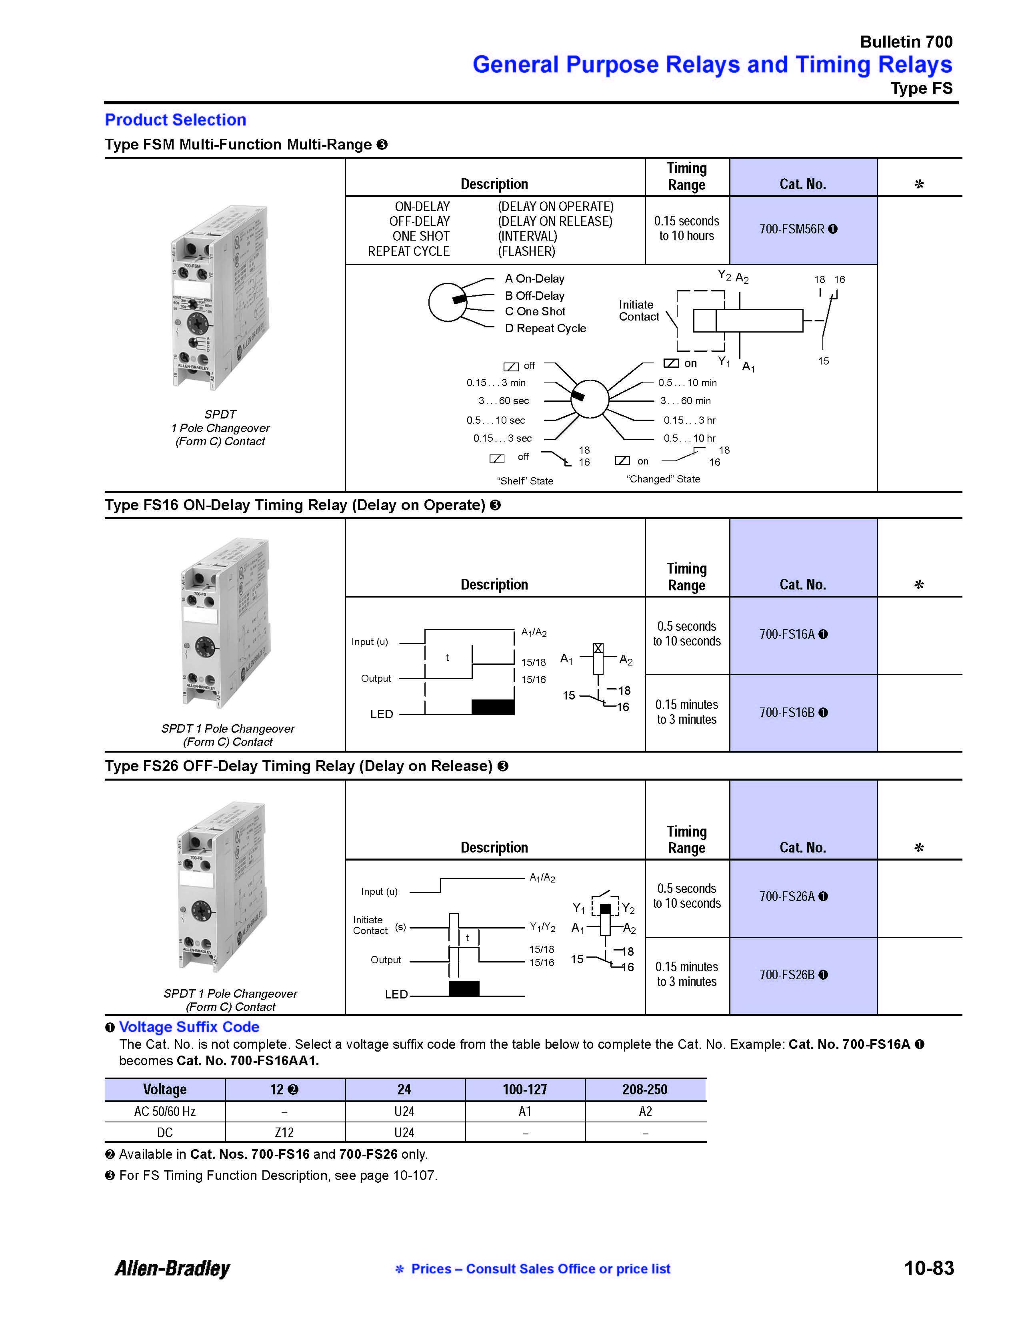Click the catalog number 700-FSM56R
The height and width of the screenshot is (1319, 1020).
792,229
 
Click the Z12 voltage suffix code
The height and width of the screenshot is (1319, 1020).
284,1132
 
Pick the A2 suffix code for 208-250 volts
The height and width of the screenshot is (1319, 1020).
645,1111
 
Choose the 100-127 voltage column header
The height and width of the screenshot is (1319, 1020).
524,1090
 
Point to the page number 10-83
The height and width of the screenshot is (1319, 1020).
929,1268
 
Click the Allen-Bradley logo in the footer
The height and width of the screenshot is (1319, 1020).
173,1268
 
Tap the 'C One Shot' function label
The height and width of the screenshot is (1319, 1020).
535,312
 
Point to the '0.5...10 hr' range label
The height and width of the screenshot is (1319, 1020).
690,438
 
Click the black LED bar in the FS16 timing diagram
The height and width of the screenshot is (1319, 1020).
492,707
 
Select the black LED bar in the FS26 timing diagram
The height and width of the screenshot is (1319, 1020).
464,988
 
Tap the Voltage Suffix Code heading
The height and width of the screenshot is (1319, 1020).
189,1027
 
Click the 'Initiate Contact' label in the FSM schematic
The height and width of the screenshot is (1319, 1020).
639,311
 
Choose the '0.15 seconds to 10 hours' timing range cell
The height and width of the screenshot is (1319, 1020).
686,229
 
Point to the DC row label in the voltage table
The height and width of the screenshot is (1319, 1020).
165,1132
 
